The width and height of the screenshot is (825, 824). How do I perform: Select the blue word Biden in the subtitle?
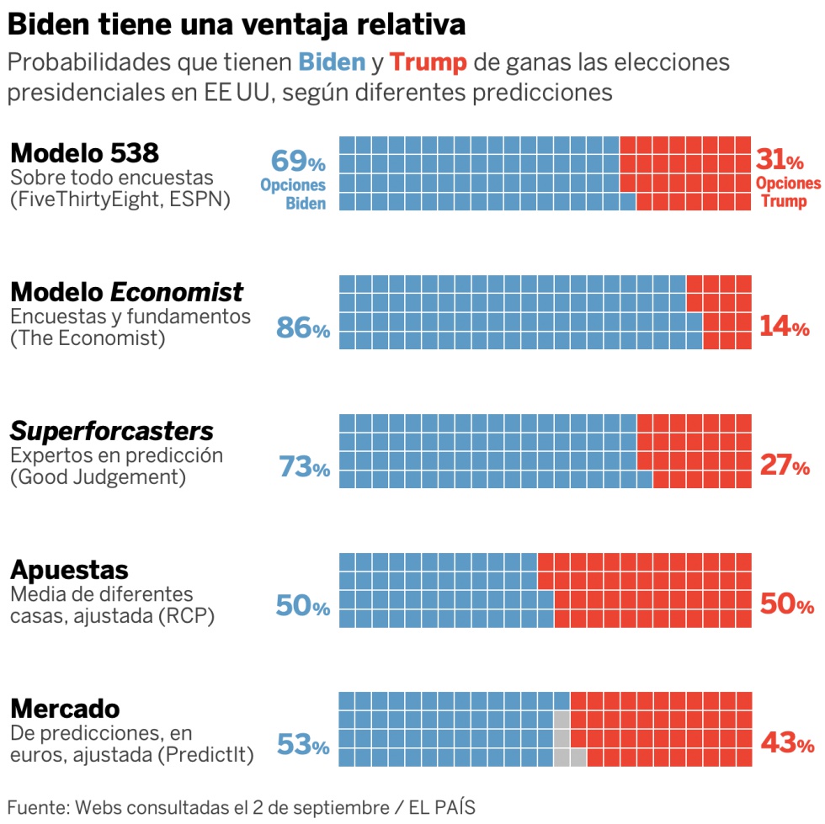(x=333, y=63)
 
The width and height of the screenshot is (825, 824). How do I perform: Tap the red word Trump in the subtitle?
(x=428, y=63)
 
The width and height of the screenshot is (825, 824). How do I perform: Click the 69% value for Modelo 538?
(x=298, y=160)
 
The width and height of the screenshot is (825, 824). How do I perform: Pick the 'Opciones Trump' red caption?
(x=787, y=192)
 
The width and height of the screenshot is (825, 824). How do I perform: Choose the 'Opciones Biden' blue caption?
(x=293, y=194)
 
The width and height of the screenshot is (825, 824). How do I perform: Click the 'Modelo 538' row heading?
(x=84, y=153)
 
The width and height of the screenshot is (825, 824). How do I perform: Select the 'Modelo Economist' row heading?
(x=126, y=292)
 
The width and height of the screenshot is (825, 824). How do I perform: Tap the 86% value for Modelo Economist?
(x=303, y=328)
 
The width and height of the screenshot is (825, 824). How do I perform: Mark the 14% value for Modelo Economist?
(x=785, y=327)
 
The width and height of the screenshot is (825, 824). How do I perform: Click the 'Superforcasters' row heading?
(x=111, y=432)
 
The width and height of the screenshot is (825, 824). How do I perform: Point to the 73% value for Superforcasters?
(x=303, y=467)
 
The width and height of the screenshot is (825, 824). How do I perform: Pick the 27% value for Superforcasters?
(x=785, y=466)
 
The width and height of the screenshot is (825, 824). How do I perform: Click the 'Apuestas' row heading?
(x=69, y=570)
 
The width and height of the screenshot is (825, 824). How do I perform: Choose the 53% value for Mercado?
(x=303, y=745)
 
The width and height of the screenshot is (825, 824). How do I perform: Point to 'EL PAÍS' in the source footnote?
(x=448, y=806)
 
